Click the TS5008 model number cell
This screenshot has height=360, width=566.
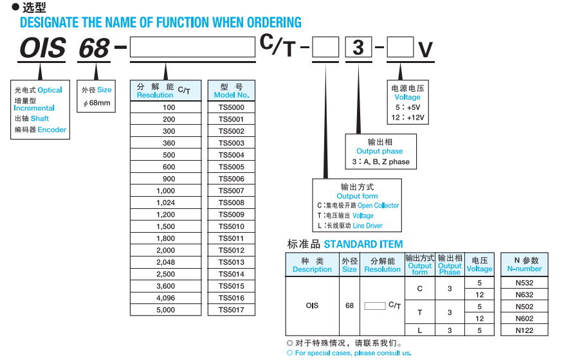(x=232, y=203)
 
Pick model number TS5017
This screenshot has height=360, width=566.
(x=232, y=310)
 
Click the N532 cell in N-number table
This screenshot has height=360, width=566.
(x=524, y=282)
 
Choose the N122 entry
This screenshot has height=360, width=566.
(x=524, y=330)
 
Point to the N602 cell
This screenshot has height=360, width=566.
(x=524, y=318)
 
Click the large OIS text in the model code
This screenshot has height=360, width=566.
(x=43, y=48)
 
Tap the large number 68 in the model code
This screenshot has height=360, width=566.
(x=94, y=48)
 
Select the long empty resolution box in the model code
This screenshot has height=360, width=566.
(x=192, y=48)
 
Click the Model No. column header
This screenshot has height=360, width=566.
(x=232, y=91)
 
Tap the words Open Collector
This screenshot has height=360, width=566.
(x=378, y=206)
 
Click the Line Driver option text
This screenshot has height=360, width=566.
(x=367, y=226)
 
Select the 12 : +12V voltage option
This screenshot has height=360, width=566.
(x=407, y=118)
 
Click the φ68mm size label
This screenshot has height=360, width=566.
(x=96, y=103)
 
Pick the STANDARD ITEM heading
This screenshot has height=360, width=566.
(x=363, y=244)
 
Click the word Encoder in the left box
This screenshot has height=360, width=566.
(x=52, y=129)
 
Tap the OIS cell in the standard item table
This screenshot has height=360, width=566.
(x=312, y=306)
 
